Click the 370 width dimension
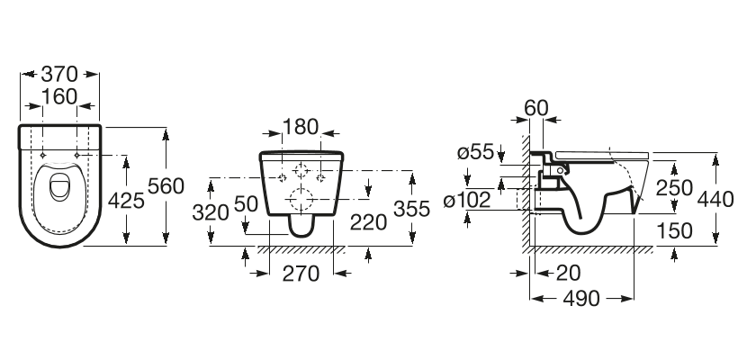coord(59,74)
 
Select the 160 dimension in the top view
coord(59,96)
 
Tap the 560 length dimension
coord(166,185)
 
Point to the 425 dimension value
coord(126,201)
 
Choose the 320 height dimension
coord(211,212)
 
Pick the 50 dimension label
coord(246,203)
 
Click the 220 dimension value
coord(368,222)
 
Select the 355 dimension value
coord(411,209)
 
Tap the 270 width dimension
coord(301,274)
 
